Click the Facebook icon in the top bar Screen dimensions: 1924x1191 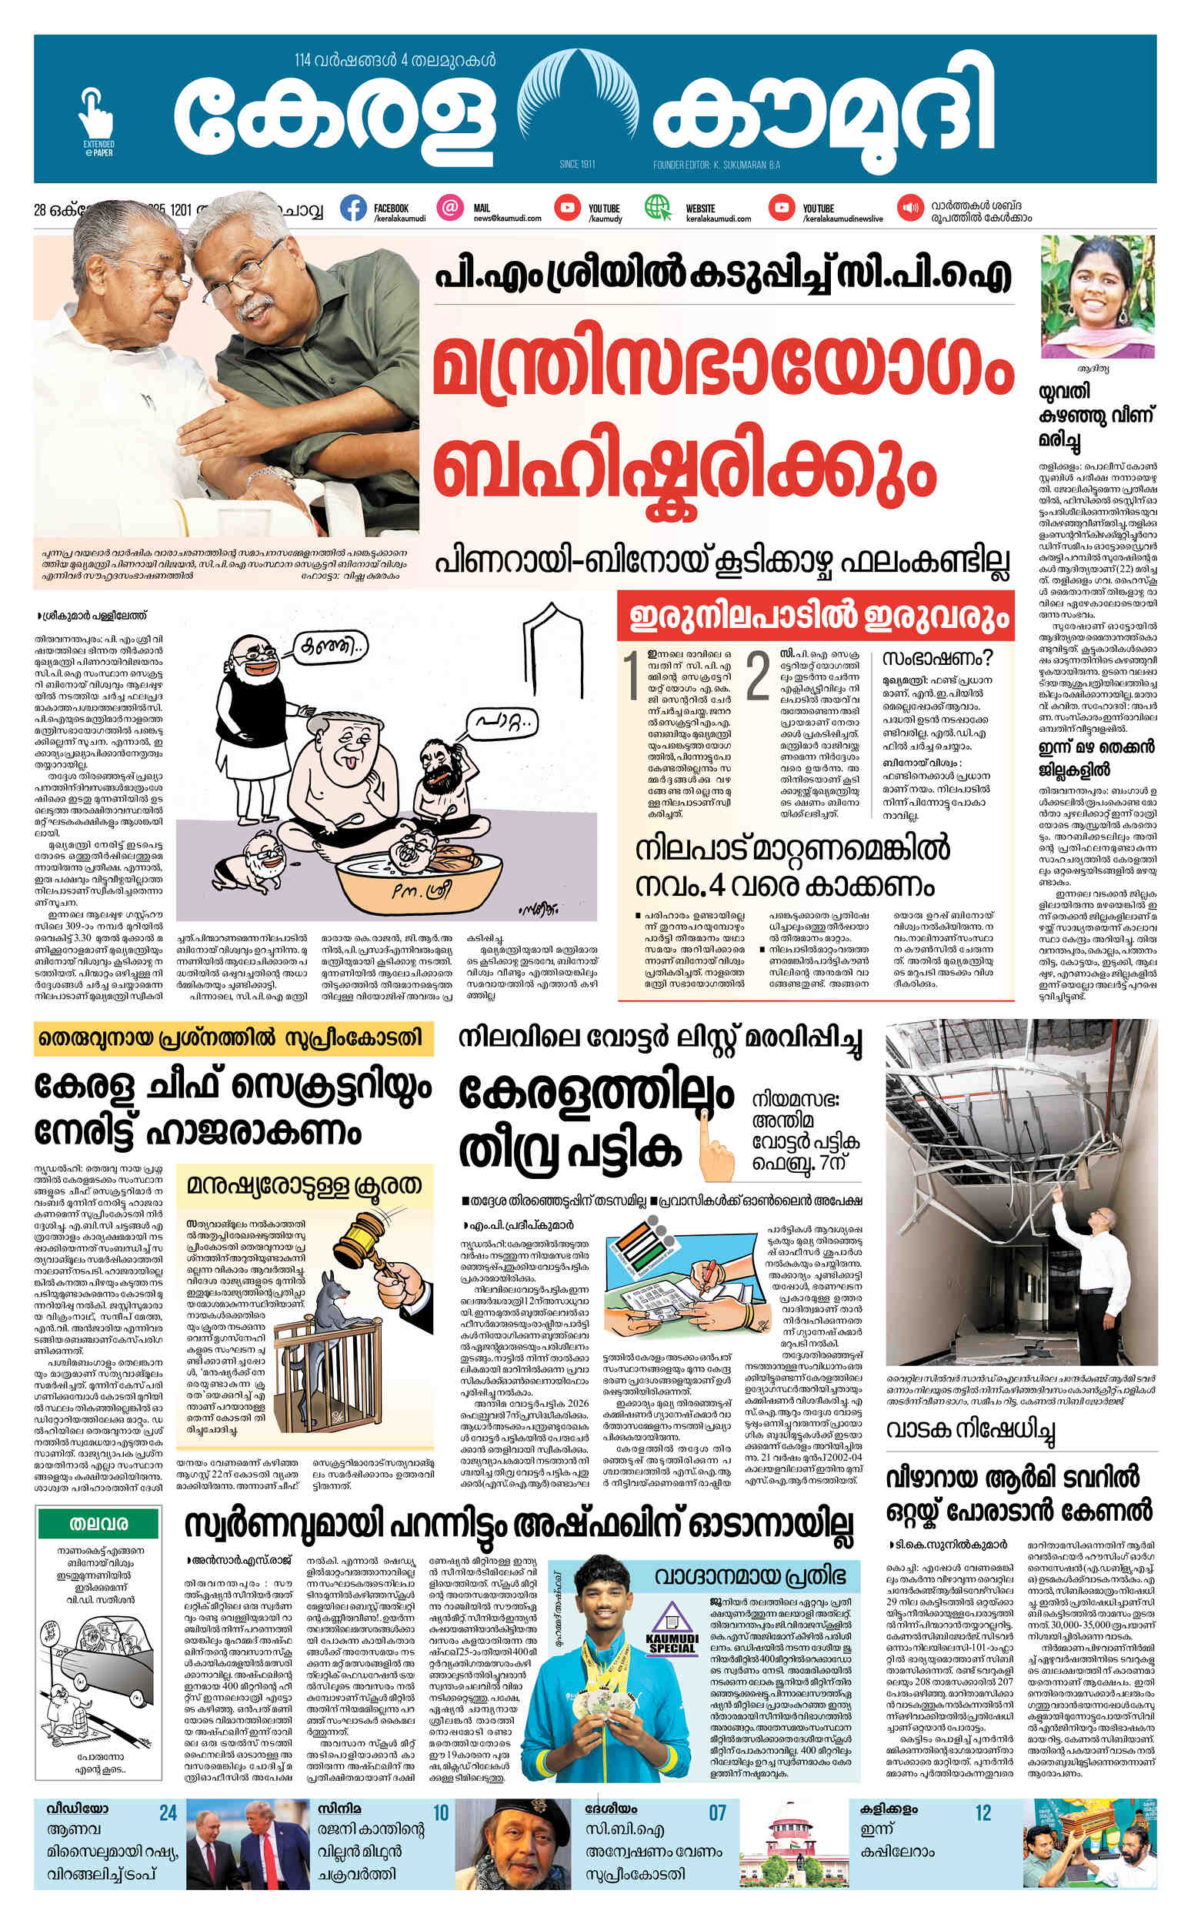pyautogui.click(x=354, y=208)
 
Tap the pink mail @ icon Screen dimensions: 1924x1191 pyautogui.click(x=450, y=208)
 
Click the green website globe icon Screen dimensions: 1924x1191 pyautogui.click(x=657, y=207)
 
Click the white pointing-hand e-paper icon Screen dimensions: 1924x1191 pyautogui.click(x=96, y=114)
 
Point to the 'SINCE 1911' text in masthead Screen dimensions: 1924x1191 pyautogui.click(x=575, y=165)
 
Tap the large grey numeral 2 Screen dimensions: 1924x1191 pyautogui.click(x=757, y=675)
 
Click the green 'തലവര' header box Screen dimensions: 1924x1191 pyautogui.click(x=98, y=1524)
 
